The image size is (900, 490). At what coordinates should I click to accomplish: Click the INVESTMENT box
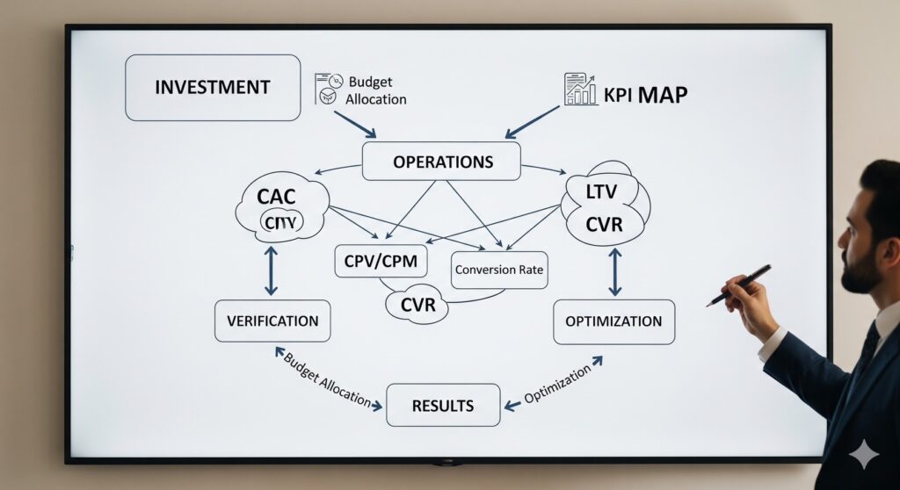click(213, 88)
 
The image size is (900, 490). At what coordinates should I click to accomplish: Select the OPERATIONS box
click(441, 162)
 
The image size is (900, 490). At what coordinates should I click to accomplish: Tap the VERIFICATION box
click(272, 321)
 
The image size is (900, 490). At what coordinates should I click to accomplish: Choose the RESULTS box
click(443, 406)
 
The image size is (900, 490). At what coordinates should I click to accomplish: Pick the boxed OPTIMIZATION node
click(613, 321)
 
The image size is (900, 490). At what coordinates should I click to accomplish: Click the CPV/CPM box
click(381, 261)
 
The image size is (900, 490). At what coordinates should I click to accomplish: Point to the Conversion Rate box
click(499, 270)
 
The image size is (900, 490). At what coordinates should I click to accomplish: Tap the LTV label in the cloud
click(604, 190)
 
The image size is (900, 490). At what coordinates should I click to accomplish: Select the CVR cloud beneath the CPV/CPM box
click(417, 306)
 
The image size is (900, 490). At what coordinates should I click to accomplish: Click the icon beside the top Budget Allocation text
click(327, 90)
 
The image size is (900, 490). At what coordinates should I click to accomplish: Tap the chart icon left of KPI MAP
click(579, 90)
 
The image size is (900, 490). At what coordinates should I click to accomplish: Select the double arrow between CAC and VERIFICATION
click(271, 270)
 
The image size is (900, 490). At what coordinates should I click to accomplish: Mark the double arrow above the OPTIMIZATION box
click(614, 271)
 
